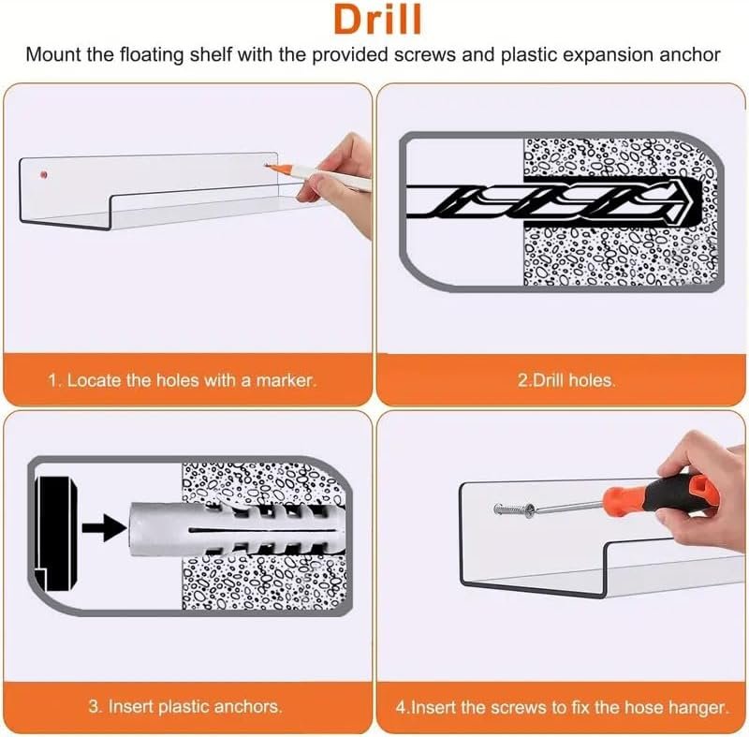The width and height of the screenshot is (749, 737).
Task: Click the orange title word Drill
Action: click(x=377, y=19)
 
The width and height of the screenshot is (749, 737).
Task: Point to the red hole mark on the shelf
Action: click(x=43, y=175)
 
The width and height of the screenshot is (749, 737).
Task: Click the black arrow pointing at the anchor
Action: click(x=105, y=528)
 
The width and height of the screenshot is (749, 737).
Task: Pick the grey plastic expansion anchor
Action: click(x=235, y=529)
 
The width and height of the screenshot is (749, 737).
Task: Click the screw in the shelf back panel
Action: click(x=514, y=509)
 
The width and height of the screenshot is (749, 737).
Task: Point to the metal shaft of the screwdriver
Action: click(x=568, y=508)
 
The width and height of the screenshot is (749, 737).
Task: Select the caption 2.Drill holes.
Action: click(x=566, y=380)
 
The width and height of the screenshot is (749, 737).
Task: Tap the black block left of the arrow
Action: click(x=56, y=533)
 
